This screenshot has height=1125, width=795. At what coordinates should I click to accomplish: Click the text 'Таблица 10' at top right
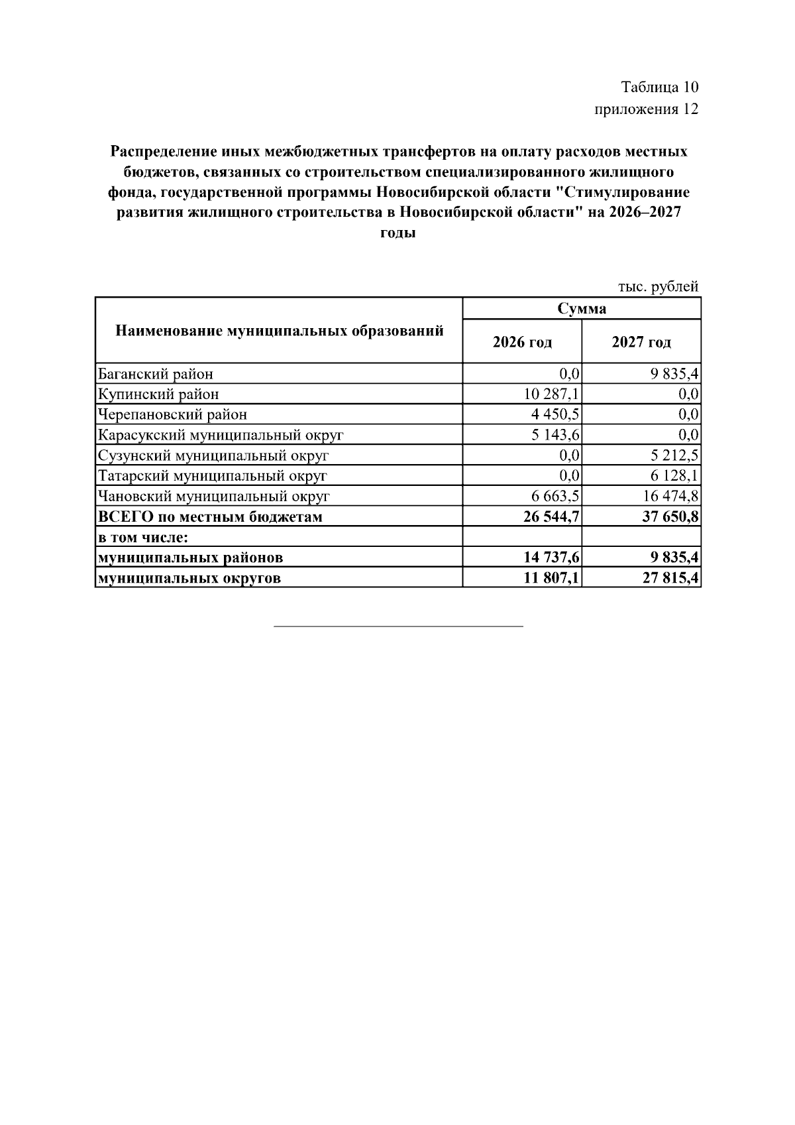660,87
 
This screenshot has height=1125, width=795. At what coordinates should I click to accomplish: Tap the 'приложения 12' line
646,109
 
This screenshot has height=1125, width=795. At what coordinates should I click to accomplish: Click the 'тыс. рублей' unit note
658,287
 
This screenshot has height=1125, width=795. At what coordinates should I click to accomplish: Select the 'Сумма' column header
581,309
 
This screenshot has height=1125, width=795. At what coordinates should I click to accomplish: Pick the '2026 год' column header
522,342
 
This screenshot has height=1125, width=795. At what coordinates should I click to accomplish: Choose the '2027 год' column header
641,342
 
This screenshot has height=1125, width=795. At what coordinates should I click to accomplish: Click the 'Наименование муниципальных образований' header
280,331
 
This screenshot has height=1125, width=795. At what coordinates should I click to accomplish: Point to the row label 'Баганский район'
156,374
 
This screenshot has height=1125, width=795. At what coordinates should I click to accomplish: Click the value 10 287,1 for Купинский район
552,394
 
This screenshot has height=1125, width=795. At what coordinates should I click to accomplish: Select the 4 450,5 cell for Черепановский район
555,415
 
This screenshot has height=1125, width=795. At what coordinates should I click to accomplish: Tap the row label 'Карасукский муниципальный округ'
221,436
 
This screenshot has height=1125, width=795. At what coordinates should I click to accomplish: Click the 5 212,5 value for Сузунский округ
674,456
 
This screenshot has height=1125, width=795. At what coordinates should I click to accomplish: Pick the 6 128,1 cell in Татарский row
674,476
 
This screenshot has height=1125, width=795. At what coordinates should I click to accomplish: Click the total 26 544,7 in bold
551,517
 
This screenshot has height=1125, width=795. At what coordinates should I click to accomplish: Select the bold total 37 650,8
670,517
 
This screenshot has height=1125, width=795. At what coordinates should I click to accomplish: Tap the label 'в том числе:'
143,537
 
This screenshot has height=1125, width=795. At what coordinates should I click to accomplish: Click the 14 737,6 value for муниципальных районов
551,558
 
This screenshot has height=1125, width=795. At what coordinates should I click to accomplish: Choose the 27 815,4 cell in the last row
670,578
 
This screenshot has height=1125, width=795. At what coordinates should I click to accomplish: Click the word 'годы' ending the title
398,233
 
